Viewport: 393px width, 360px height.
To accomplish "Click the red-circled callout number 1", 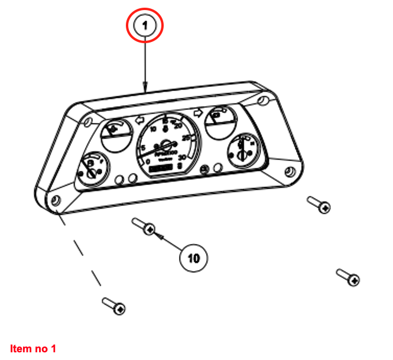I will click(x=145, y=26).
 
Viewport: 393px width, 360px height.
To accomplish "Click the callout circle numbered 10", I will click(x=194, y=258).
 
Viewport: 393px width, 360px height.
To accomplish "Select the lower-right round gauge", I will click(x=242, y=150).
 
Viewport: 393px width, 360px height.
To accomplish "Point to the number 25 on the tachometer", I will click(x=186, y=138).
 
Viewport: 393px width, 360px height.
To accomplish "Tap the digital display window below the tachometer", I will click(x=161, y=169).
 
